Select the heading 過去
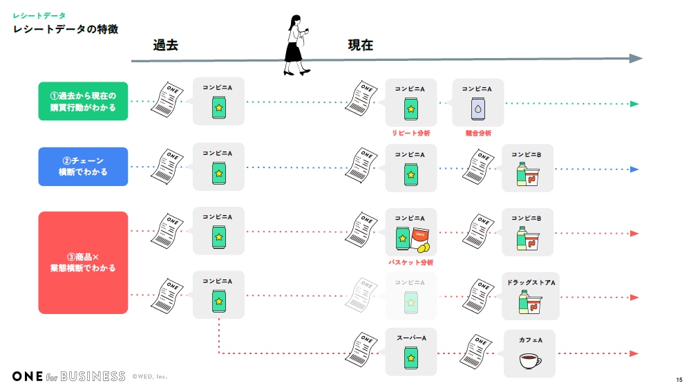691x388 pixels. click(166, 46)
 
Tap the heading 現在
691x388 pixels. click(360, 46)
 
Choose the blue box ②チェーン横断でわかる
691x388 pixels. click(83, 167)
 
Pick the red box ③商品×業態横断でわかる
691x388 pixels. click(83, 263)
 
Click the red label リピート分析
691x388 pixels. click(410, 133)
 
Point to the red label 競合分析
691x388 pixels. click(478, 133)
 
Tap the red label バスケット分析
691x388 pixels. click(410, 263)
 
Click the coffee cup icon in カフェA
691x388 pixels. click(530, 361)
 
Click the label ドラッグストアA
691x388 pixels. click(530, 282)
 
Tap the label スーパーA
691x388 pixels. click(410, 338)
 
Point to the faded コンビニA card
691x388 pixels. click(410, 296)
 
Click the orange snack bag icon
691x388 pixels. click(421, 236)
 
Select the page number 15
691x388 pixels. click(679, 380)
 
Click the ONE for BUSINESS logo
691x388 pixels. click(68, 376)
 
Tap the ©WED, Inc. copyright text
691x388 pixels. click(150, 377)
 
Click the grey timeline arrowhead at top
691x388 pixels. click(636, 59)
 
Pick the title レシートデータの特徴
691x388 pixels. click(65, 30)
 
